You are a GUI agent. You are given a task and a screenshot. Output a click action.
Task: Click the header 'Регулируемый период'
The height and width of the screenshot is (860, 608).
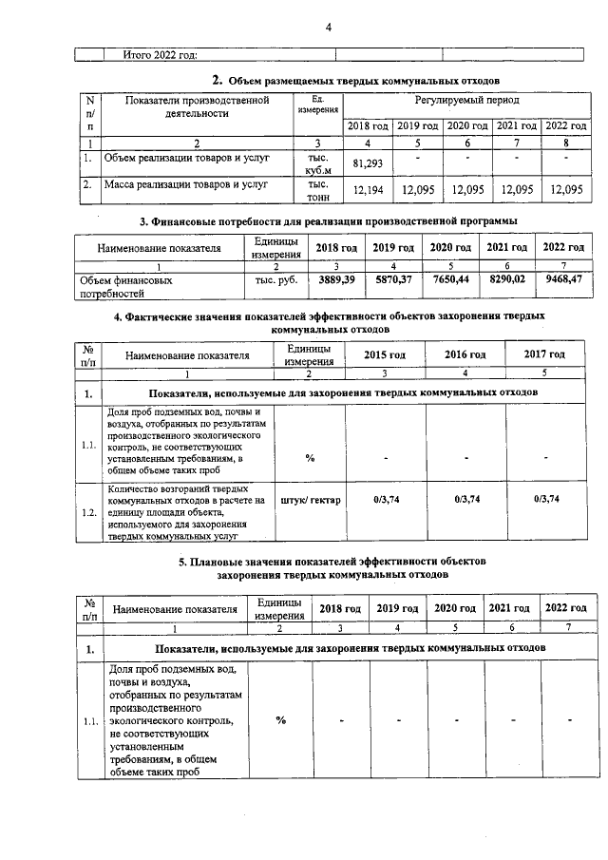[465, 100]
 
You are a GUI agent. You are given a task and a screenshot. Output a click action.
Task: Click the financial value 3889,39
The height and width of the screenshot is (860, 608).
[336, 280]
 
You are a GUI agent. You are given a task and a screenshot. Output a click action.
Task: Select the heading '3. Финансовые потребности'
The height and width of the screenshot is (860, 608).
[328, 221]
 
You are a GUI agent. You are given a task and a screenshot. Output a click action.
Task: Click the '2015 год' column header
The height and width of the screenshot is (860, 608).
[385, 354]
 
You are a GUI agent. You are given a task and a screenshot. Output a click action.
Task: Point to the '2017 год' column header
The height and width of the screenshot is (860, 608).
[545, 354]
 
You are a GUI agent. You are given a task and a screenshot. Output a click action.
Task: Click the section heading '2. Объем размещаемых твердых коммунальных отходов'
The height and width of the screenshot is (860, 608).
[355, 80]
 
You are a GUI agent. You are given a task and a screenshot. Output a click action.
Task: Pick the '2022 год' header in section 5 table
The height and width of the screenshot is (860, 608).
[564, 608]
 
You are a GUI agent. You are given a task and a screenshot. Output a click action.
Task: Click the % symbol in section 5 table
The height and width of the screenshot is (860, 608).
[280, 719]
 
